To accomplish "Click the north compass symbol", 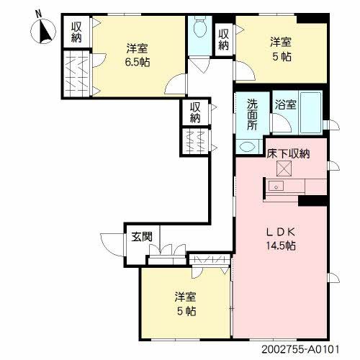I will (42, 32).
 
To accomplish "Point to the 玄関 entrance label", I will (140, 235).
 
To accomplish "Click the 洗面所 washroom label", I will (253, 113).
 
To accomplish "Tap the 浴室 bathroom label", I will (285, 105).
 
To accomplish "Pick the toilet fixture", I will (200, 30).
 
